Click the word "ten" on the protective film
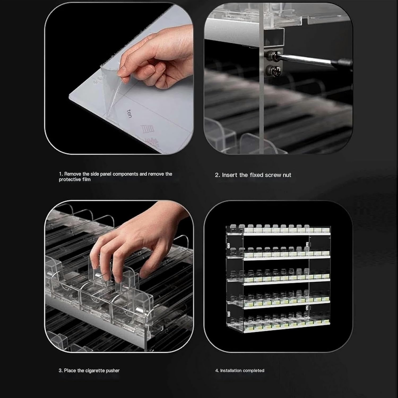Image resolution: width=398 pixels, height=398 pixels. pos(129,114)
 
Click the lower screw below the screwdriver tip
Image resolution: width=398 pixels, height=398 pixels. pos(272,70)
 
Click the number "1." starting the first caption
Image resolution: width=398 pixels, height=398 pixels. pos(61,174)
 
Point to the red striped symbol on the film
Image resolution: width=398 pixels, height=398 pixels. pos(148,129)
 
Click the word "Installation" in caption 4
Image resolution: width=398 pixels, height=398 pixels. pos(231,370)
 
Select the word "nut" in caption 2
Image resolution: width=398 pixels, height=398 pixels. pos(287,175)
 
